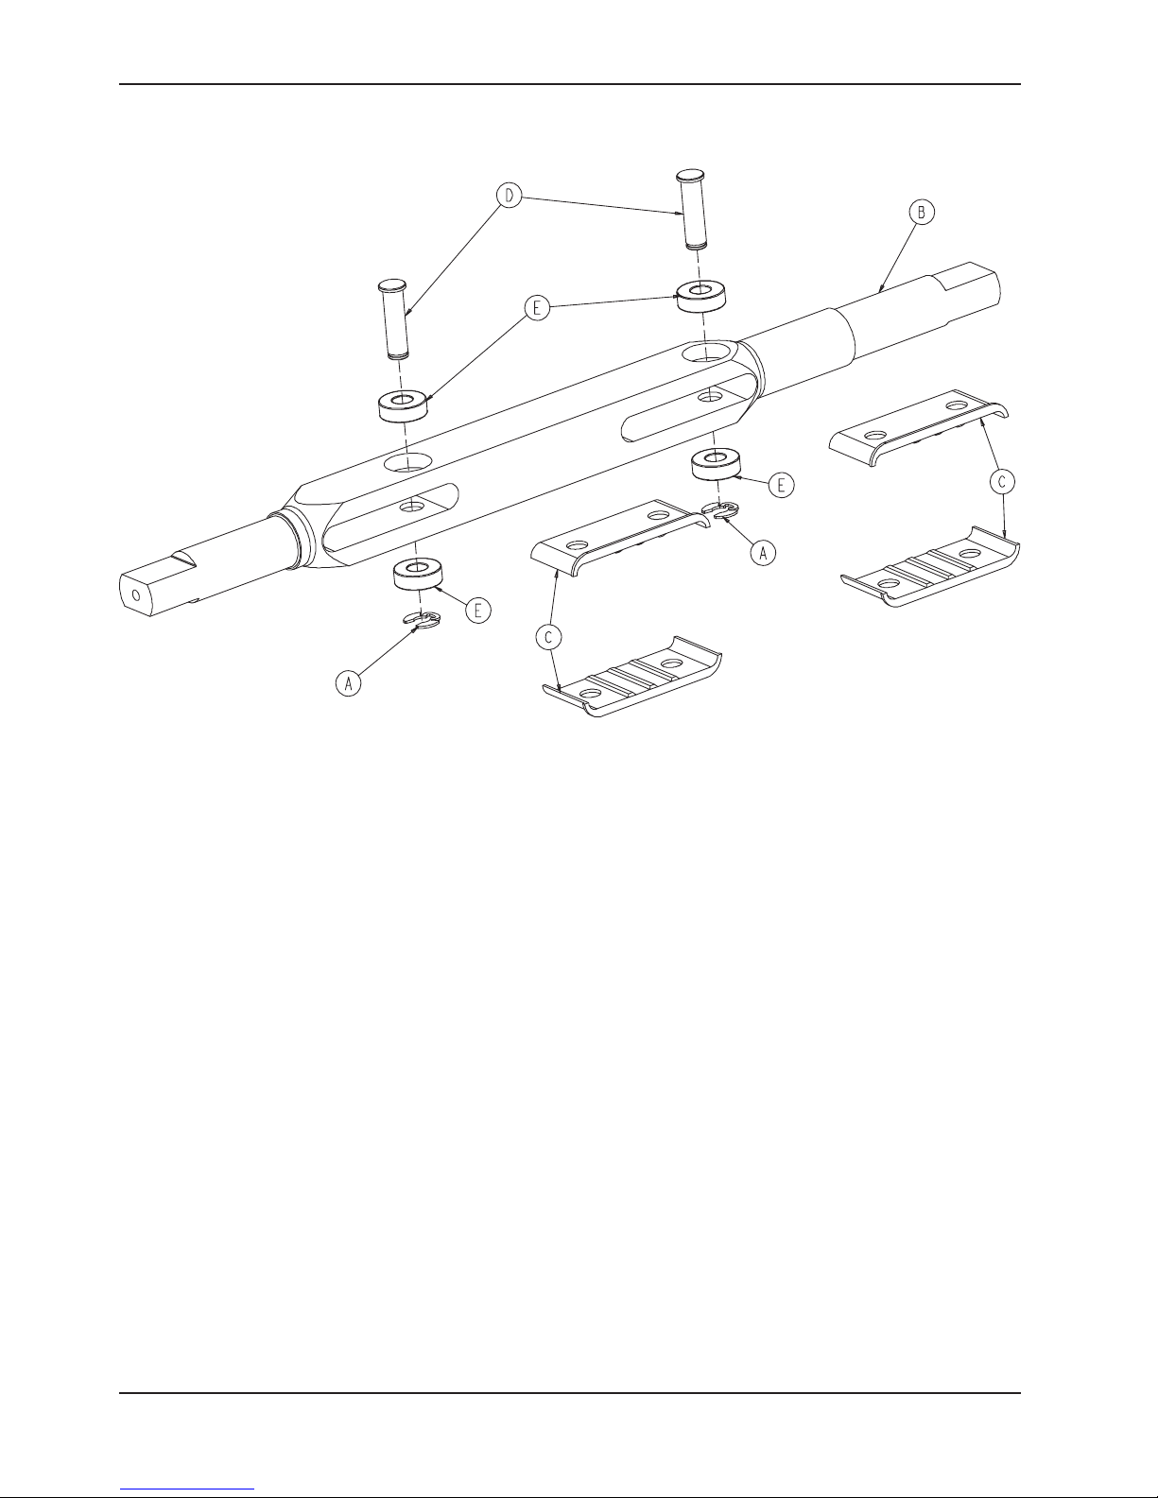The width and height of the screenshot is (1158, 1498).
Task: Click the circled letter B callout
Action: (x=921, y=213)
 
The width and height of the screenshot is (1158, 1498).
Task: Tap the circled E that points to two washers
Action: (x=538, y=310)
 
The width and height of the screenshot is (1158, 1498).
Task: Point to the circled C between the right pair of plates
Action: (x=1003, y=481)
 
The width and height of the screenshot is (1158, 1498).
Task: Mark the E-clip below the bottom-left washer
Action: (x=422, y=621)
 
